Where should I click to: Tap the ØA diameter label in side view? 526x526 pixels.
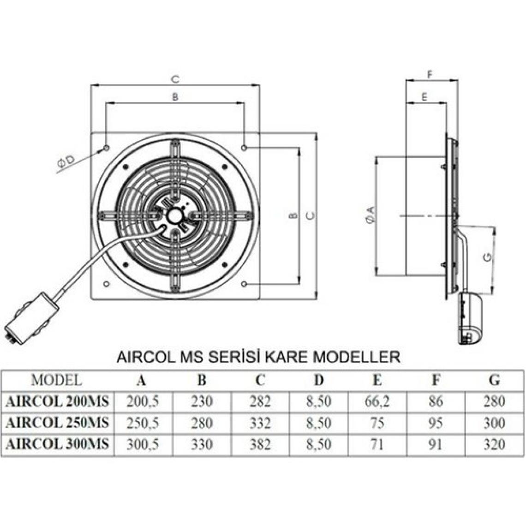click(x=371, y=215)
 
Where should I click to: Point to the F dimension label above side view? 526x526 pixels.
click(x=431, y=74)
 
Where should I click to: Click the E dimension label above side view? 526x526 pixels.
click(x=424, y=97)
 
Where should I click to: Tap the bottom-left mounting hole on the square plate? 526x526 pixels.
click(x=107, y=284)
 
